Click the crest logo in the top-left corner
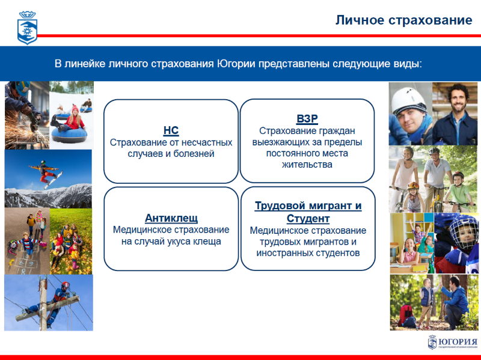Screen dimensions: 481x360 (x=27, y=28)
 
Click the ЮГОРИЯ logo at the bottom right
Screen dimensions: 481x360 (x=453, y=342)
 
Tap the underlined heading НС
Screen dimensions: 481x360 (x=171, y=130)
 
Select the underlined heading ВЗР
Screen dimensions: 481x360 (x=307, y=118)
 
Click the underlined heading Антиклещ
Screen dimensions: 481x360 (x=171, y=218)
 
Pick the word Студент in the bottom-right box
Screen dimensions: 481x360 (x=308, y=219)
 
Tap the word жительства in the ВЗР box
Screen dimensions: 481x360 (x=307, y=165)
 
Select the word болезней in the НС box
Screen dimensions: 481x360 (x=194, y=154)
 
